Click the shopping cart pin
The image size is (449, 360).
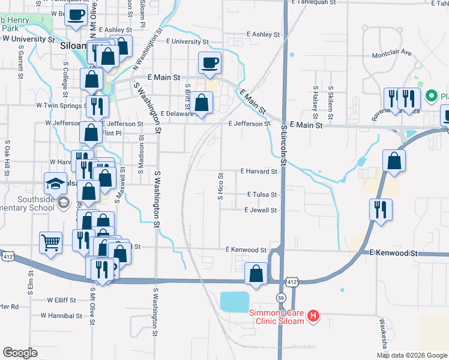[50, 244]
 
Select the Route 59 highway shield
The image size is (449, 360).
[280, 298]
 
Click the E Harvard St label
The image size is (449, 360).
[259, 171]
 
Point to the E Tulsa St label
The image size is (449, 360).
[262, 194]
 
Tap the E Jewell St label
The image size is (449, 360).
[260, 210]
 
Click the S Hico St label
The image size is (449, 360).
[220, 185]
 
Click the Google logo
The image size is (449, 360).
[20, 353]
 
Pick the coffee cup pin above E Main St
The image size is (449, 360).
[210, 63]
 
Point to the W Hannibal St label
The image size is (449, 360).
[64, 314]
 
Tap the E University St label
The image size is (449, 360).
[186, 42]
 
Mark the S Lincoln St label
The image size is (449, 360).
[284, 144]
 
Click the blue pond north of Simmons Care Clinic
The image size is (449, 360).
[243, 301]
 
